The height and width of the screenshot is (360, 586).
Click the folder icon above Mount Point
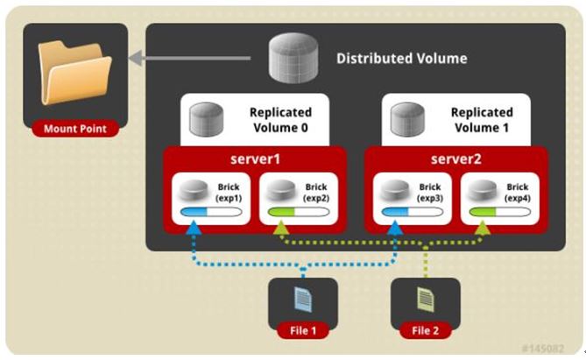pyautogui.click(x=75, y=75)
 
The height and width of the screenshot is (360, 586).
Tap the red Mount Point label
pyautogui.click(x=75, y=129)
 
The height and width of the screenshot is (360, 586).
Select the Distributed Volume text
pyautogui.click(x=401, y=59)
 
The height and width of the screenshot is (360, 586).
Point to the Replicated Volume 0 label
pyautogui.click(x=280, y=120)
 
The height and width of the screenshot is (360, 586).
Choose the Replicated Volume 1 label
pyautogui.click(x=481, y=120)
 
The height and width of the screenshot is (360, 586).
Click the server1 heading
pyautogui.click(x=257, y=159)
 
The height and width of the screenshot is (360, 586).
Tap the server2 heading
pyautogui.click(x=455, y=159)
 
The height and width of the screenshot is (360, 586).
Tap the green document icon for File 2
pyautogui.click(x=425, y=300)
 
